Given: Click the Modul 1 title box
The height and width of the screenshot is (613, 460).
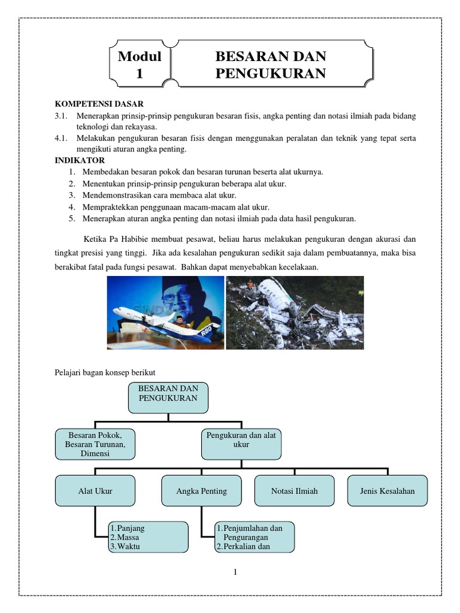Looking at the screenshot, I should point(140,65).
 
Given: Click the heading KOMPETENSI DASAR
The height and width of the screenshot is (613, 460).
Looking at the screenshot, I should point(99,104).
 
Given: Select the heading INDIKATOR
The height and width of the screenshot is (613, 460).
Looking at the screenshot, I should point(80,160).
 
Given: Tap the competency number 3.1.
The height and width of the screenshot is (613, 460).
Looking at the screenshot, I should point(61,115).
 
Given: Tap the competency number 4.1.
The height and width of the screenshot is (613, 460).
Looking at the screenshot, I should point(61,138).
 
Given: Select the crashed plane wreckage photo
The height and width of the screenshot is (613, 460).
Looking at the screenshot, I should point(295,312).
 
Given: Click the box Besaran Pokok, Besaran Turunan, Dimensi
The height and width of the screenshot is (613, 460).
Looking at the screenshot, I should point(95,444).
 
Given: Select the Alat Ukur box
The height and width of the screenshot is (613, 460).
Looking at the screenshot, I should point(95,491).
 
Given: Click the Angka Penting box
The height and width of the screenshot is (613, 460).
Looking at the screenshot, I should point(201,491).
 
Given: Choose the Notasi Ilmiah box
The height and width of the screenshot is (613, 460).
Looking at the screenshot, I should point(294,491).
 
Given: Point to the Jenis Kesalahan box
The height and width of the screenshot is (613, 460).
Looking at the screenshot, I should point(388,491).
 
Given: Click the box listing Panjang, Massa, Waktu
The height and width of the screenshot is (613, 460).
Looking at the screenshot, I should point(148,537).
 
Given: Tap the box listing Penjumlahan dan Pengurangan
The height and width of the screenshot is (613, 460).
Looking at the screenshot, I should point(254,537).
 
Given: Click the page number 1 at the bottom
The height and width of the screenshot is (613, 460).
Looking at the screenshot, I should point(235,572).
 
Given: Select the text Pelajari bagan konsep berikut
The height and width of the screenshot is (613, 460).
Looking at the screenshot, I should point(105,372).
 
